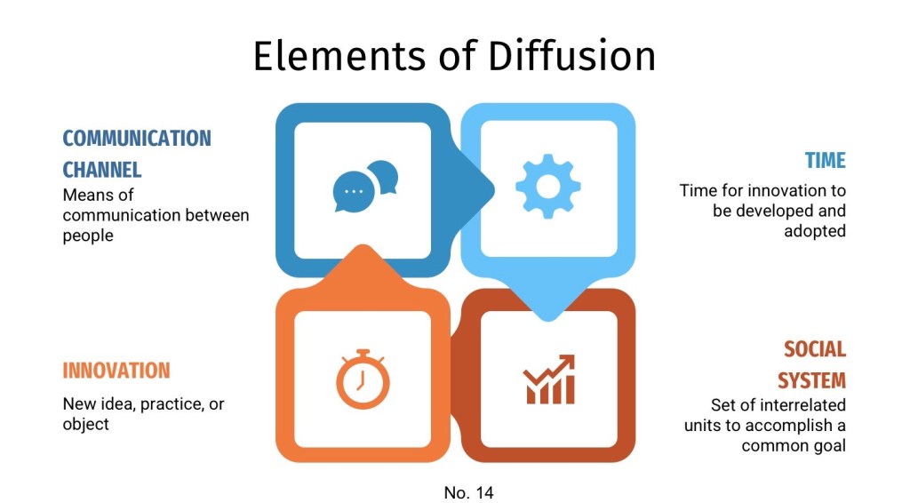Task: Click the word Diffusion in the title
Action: (x=571, y=55)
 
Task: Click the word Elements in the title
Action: (x=339, y=55)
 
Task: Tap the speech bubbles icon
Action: (x=364, y=186)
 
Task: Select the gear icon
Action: (x=548, y=186)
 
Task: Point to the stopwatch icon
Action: (x=363, y=379)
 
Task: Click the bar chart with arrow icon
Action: (x=549, y=379)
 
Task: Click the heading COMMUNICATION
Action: (x=137, y=139)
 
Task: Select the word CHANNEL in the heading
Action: (x=102, y=169)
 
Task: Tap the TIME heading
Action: (x=825, y=161)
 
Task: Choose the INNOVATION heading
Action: (x=116, y=371)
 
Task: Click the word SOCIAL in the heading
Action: (x=814, y=349)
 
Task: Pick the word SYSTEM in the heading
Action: (x=811, y=380)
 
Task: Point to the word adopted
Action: (x=814, y=231)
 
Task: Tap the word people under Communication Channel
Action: (x=88, y=236)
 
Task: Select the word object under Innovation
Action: (x=86, y=424)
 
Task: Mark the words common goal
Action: (x=794, y=445)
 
